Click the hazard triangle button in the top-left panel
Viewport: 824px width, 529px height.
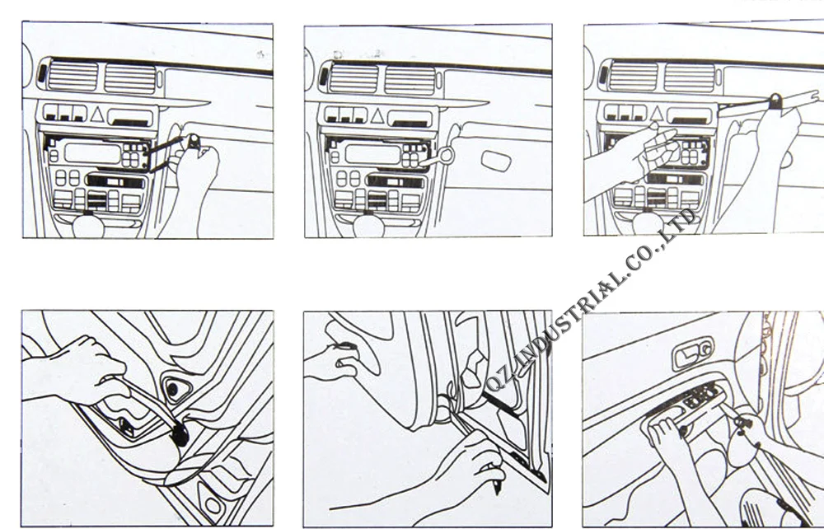tap(96, 114)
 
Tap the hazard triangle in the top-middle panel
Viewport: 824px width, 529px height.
tap(377, 115)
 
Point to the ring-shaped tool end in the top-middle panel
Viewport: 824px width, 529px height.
tap(446, 155)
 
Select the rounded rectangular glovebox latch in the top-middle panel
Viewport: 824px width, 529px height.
tap(495, 161)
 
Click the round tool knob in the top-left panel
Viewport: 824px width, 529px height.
tap(194, 141)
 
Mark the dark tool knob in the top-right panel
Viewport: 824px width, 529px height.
tap(775, 101)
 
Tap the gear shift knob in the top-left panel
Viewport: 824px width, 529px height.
tap(88, 225)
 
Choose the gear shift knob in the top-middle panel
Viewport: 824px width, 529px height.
tap(368, 225)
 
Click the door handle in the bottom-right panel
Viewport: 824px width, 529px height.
tap(693, 353)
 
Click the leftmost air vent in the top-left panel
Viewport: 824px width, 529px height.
tap(73, 76)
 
